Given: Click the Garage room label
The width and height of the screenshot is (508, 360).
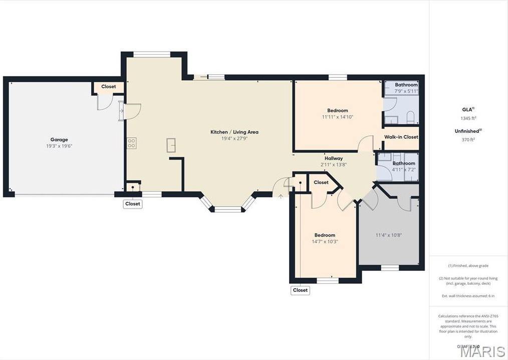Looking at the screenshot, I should point(59,139).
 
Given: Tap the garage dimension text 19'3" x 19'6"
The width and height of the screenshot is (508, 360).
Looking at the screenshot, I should point(59,146).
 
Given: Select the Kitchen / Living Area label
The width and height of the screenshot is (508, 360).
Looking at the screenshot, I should point(234,132).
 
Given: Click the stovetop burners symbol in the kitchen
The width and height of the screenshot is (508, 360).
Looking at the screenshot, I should point(132,143).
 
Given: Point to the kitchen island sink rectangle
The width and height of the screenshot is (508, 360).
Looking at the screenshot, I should point(171,145).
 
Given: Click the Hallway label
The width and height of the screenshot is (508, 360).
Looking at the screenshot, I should point(333,158).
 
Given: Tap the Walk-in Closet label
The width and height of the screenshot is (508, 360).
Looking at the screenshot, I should point(401,137).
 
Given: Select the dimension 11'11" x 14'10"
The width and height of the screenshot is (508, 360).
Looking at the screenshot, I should point(337,117).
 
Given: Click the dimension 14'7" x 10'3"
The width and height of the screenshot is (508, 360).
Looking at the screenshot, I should point(325,241).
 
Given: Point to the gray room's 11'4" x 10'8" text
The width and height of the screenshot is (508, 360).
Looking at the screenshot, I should point(389,235).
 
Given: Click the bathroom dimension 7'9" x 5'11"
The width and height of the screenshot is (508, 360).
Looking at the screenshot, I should point(406,91).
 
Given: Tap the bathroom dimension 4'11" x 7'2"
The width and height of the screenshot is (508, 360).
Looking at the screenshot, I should point(403,169).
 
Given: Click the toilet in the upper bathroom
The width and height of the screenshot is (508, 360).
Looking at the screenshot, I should point(410,118).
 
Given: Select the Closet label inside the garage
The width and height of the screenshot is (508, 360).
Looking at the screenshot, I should point(108,87).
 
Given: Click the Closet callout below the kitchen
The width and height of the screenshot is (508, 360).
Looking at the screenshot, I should point(133,204).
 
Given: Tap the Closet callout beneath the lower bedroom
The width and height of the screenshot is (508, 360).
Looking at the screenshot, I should point(300,290).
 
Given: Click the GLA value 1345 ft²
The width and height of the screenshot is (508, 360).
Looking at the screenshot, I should point(468,118).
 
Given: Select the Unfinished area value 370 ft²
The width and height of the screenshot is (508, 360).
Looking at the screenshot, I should point(468,140).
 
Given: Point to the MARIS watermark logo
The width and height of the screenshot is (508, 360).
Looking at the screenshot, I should point(482,351).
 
